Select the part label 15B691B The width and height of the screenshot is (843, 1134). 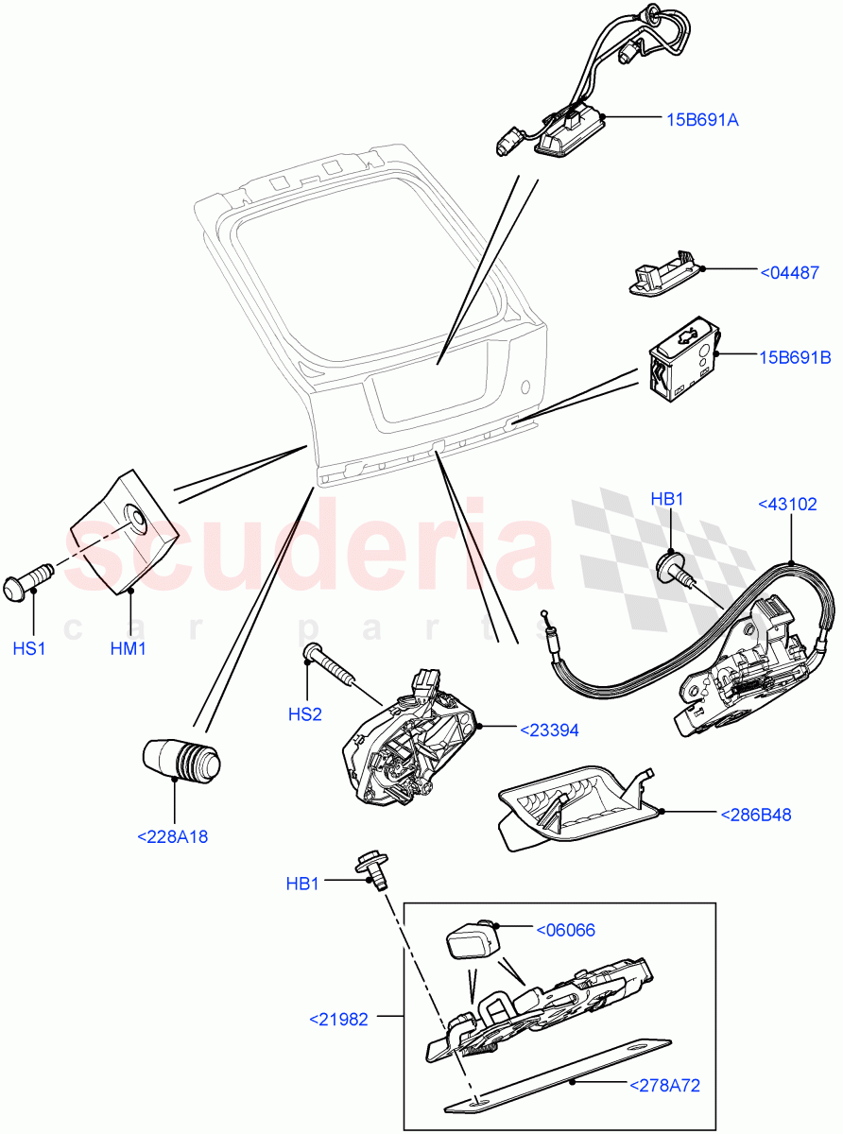pos(794,357)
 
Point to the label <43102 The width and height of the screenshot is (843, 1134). pos(788,505)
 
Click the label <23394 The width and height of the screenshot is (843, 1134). pos(549,730)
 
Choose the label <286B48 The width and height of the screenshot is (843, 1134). pos(756,814)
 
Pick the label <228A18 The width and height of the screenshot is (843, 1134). pos(174,836)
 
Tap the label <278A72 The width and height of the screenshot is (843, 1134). pos(664,1086)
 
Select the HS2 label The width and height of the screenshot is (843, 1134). pos(304,716)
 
